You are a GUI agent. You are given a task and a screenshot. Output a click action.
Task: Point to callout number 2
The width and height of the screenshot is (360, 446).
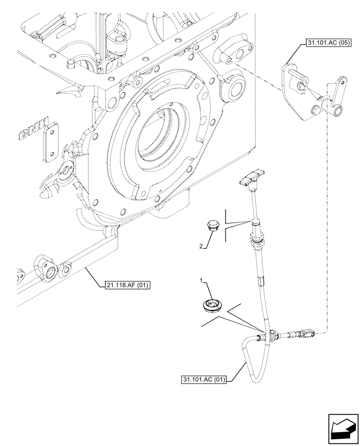click(x=201, y=245)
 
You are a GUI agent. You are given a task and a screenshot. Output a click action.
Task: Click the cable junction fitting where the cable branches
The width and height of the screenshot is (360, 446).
click(x=272, y=335)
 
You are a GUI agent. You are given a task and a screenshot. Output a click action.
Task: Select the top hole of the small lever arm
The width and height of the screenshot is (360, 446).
click(x=342, y=82)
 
